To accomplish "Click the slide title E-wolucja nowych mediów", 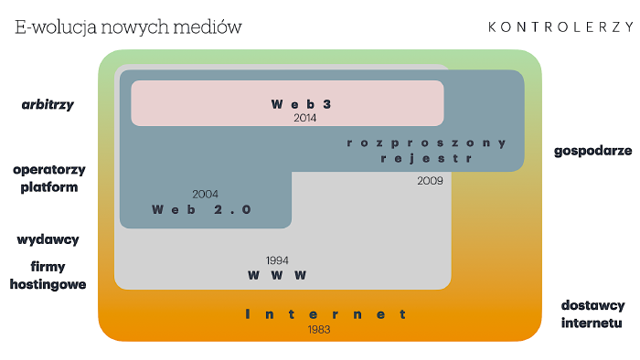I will [128, 26].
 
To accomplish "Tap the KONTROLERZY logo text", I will [560, 26].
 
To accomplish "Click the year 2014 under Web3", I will [304, 118].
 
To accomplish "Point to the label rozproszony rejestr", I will [427, 150].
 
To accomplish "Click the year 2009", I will [429, 181].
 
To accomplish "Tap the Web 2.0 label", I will [201, 209].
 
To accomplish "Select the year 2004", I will [206, 194].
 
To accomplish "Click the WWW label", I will [277, 275].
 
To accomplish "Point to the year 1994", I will [277, 260].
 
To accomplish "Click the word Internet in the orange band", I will [326, 314].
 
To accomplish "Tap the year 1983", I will [319, 329].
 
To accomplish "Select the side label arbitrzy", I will [48, 104].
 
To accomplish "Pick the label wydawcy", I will [48, 239].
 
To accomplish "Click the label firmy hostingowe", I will [48, 275].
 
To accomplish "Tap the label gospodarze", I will [592, 151].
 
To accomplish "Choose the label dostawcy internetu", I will [592, 313].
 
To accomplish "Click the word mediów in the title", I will [211, 26].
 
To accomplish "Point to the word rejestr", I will [427, 158].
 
